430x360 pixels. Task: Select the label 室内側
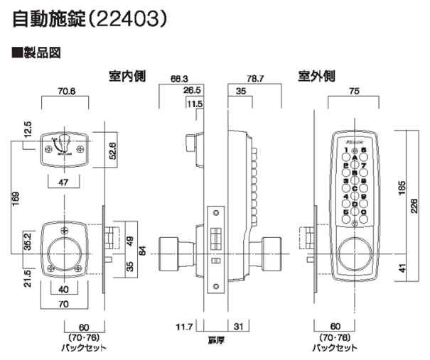[x=123, y=75]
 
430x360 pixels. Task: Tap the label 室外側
[x=316, y=75]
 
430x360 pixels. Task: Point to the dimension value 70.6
[x=65, y=91]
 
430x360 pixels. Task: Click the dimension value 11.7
[x=183, y=326]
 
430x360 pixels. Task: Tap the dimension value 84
[x=142, y=250]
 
